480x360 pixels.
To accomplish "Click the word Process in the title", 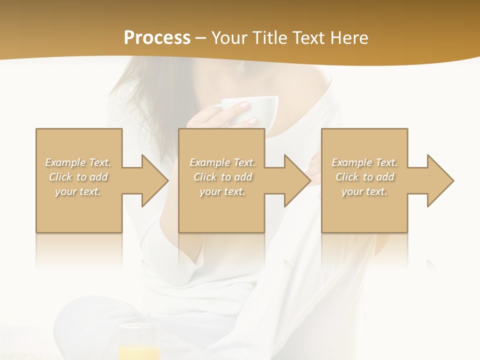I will click(x=157, y=38).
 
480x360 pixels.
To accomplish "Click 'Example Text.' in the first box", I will click(x=78, y=162).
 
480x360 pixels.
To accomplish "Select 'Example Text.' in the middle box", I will click(x=222, y=162).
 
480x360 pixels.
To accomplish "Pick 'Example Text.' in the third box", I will click(x=364, y=162).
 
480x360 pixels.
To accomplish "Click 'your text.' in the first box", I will click(x=78, y=191).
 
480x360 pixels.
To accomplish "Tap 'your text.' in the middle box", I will click(x=222, y=191).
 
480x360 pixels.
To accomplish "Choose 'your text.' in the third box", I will click(x=364, y=191).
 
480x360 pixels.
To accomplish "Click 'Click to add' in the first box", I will click(x=78, y=177).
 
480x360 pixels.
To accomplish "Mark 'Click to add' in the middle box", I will click(x=222, y=177).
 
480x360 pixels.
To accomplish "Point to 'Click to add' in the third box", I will click(x=364, y=177).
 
